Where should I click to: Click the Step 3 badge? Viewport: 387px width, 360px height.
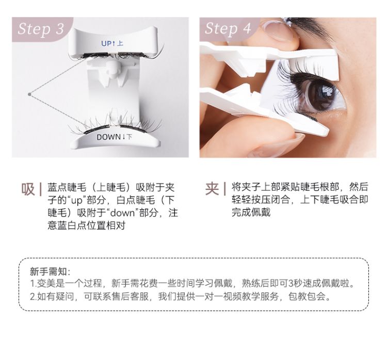point(41,28)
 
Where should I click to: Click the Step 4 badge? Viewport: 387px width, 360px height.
point(228,28)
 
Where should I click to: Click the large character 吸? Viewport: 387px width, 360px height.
point(28,189)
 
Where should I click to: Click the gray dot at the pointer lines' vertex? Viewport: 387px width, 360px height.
point(30,94)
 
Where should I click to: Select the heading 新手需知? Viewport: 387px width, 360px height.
point(50,272)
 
